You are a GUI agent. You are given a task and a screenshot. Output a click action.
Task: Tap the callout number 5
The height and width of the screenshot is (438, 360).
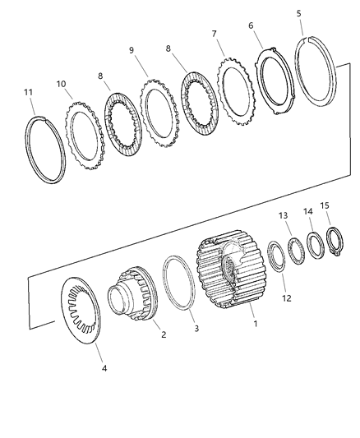pyautogui.click(x=298, y=13)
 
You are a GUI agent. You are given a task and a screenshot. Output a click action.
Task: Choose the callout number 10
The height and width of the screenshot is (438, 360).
pyautogui.click(x=62, y=84)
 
